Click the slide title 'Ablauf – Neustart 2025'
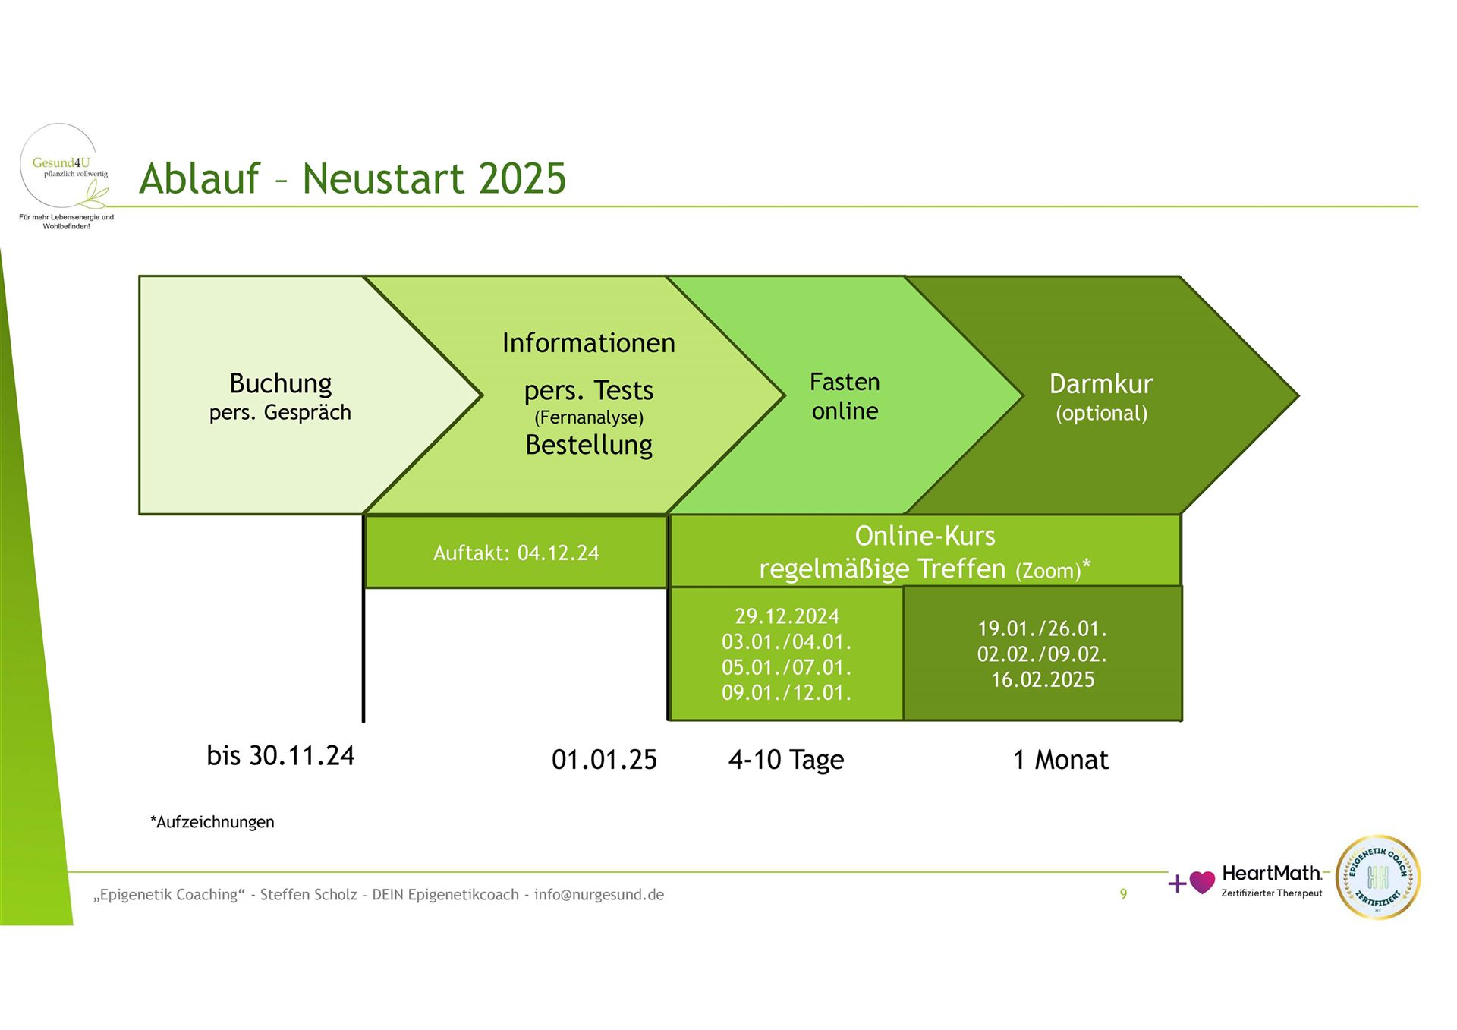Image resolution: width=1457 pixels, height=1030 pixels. pos(353,179)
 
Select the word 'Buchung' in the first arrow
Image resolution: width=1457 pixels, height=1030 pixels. pos(281,384)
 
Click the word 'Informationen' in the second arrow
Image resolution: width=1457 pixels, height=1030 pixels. pos(589,343)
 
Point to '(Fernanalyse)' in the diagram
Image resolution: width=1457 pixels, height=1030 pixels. pos(589,417)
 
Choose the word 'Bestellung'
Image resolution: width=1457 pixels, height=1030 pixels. pos(589,445)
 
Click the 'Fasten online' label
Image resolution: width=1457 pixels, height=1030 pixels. pos(845,396)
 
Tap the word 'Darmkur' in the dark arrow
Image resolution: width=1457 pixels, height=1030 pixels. pos(1101,384)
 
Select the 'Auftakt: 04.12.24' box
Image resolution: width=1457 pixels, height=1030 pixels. pos(516,552)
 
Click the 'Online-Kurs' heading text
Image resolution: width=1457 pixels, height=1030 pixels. pos(925,536)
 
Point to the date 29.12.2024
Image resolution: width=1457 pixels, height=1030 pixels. pos(787,616)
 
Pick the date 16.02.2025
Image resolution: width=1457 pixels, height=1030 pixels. pos(1043,679)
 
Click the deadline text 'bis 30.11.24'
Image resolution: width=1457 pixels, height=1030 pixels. pos(281,756)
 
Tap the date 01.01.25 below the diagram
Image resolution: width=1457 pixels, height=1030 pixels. pos(604,760)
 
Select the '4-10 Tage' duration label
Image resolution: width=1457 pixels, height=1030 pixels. pos(786,760)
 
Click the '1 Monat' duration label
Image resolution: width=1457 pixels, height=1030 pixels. pos(1061,760)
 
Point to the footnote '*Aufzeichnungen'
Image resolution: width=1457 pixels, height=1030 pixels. pos(212,822)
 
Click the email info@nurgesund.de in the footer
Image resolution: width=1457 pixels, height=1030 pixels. pos(599,895)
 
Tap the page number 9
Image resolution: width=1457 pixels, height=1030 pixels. pos(1124,894)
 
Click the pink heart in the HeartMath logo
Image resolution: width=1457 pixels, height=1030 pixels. pos(1202,882)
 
